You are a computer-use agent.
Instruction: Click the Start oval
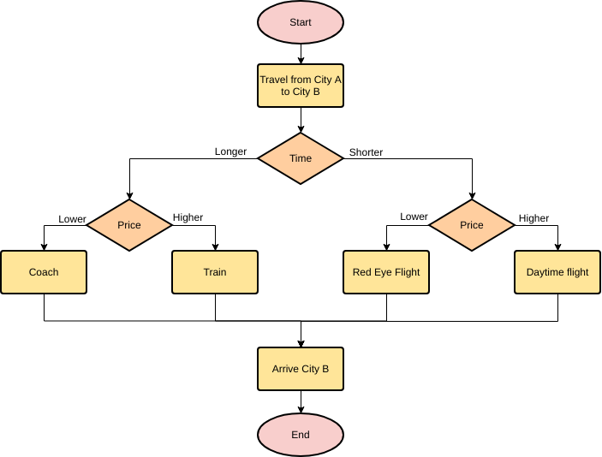(301, 22)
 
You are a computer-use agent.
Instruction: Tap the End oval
(301, 435)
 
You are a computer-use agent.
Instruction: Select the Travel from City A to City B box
(301, 86)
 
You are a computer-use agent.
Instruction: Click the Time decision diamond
(301, 158)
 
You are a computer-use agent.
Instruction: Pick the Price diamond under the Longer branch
(129, 225)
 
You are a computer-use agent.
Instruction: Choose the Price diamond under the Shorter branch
(472, 225)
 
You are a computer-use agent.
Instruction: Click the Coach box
(44, 272)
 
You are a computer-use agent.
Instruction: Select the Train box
(215, 272)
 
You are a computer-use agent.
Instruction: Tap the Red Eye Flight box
(386, 272)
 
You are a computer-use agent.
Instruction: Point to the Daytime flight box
(557, 272)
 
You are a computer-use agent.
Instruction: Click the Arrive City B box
(301, 369)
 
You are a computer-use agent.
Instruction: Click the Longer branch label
(230, 151)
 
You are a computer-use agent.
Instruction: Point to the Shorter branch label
(366, 152)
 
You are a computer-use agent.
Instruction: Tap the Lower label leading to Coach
(72, 219)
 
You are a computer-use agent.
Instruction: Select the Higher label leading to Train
(188, 217)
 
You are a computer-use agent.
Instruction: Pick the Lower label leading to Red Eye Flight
(414, 217)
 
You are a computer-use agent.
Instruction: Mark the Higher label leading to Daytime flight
(533, 218)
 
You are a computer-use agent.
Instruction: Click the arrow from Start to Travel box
(301, 53)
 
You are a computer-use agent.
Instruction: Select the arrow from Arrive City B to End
(301, 402)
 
